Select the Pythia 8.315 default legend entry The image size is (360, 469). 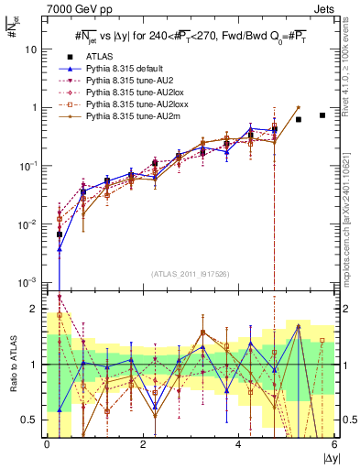pyautogui.click(x=120, y=69)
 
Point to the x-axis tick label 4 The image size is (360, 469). pyautogui.click(x=239, y=444)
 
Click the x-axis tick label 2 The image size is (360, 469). pyautogui.click(x=143, y=444)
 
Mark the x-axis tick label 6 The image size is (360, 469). pyautogui.click(x=334, y=444)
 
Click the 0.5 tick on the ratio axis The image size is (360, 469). pyautogui.click(x=34, y=420)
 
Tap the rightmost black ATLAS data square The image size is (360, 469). pyautogui.click(x=322, y=115)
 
